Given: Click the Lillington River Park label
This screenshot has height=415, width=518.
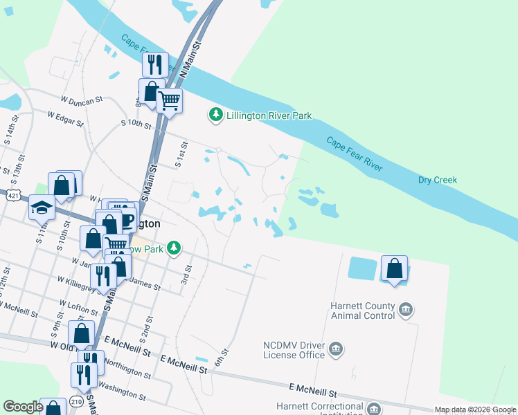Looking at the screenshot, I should pos(269,116).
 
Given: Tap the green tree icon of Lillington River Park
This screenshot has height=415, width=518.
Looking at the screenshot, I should pos(216,115).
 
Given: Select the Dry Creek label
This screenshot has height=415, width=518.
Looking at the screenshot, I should pos(438,180).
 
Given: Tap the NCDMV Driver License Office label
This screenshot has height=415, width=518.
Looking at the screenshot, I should pos(294,350).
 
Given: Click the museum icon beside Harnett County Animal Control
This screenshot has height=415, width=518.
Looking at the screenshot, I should pos(406,309).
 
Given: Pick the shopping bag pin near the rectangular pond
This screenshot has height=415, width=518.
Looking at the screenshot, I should pos(394,268).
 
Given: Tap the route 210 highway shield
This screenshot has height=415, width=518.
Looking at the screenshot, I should pos(76,402).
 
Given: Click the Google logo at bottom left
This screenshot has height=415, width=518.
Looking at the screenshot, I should pos(22,407).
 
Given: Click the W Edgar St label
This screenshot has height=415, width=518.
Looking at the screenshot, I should pos(65,119).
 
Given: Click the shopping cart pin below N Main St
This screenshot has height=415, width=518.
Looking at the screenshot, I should pos(169,100).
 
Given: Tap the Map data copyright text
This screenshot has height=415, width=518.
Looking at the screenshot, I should pos(475,409).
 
